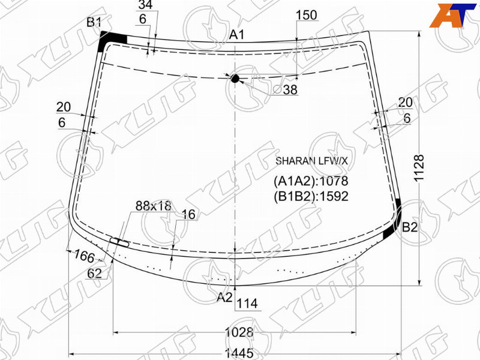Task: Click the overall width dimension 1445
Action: [x=239, y=353]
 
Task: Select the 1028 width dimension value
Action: [x=239, y=332]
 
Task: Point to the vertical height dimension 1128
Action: [x=418, y=168]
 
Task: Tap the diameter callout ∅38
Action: [x=286, y=89]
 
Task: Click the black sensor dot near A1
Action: [x=235, y=79]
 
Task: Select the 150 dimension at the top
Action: [x=307, y=15]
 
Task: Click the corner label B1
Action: [x=94, y=22]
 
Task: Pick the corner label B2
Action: [x=410, y=227]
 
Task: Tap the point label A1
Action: [x=237, y=35]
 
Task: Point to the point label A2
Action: [x=224, y=297]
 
